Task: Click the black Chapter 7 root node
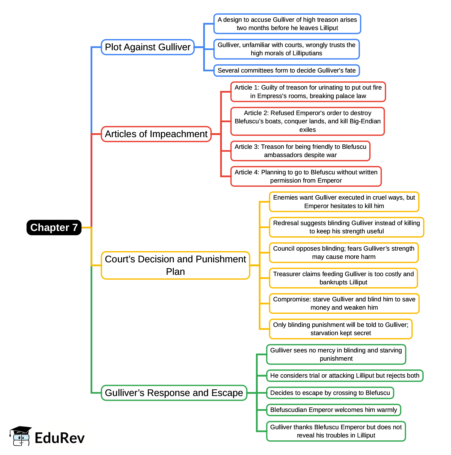(x=54, y=227)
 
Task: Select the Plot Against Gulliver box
(x=148, y=47)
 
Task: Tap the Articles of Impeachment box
(x=156, y=134)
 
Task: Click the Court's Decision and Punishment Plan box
(x=175, y=265)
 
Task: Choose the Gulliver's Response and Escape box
(x=174, y=393)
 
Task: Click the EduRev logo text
(x=59, y=438)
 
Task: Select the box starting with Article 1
(x=308, y=92)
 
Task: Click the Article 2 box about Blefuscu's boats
(x=307, y=121)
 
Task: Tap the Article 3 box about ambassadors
(x=300, y=151)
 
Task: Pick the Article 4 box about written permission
(x=306, y=176)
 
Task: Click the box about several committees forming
(x=286, y=70)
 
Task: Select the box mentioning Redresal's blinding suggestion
(x=346, y=227)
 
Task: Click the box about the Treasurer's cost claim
(x=343, y=278)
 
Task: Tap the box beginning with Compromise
(x=344, y=304)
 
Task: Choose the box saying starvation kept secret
(x=341, y=329)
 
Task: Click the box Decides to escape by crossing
(x=330, y=393)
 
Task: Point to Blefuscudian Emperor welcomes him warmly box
(x=333, y=410)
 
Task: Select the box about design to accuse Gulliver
(x=287, y=24)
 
